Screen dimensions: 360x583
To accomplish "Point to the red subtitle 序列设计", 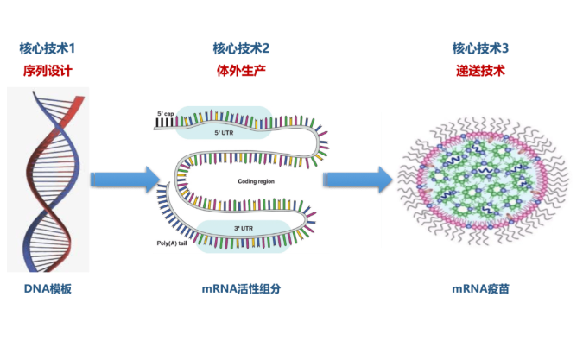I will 47,70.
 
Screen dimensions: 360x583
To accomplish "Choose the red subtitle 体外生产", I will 241,70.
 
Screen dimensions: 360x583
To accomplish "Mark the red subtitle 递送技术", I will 480,70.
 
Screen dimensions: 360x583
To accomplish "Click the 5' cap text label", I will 165,113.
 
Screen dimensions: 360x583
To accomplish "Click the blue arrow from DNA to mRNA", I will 124,179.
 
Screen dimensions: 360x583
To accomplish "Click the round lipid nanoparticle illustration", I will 480,180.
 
